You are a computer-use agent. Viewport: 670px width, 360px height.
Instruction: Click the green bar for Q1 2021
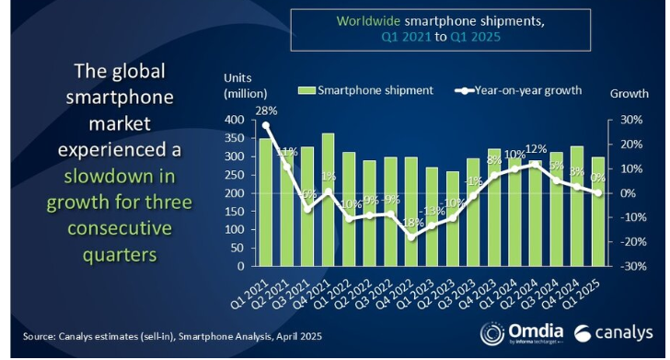tap(266, 203)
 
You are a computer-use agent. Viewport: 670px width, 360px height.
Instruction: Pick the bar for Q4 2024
tap(578, 206)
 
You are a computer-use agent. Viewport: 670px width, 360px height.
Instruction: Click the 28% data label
tap(266, 110)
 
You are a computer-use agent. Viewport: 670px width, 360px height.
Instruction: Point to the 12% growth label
tap(537, 150)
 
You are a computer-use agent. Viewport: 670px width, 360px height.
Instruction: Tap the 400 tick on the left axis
tap(235, 121)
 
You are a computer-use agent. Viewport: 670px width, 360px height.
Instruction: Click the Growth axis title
tap(628, 94)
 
